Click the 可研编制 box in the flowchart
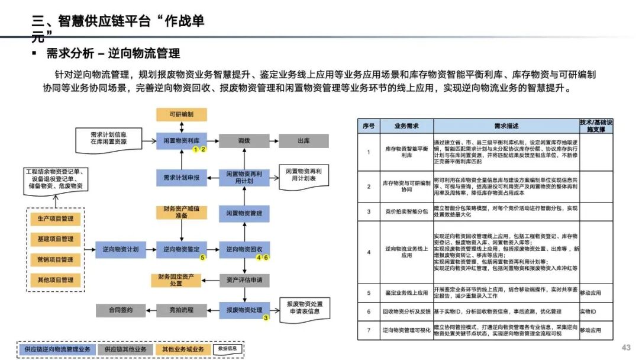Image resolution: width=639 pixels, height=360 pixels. [181, 114]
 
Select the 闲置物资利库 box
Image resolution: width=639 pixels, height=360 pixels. [181, 142]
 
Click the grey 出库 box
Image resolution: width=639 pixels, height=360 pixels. [304, 142]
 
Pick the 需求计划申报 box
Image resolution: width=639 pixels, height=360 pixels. [181, 177]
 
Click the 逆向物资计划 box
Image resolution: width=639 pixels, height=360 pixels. [120, 249]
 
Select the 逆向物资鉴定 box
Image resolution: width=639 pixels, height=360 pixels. [181, 249]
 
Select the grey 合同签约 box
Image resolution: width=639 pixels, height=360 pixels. [120, 310]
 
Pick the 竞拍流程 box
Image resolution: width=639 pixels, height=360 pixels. [181, 310]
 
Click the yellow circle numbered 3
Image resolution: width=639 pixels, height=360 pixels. [266, 318]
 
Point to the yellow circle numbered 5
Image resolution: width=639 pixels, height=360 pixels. [202, 258]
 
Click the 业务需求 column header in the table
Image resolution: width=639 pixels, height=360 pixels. [406, 126]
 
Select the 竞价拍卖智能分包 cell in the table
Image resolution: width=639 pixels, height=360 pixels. [406, 211]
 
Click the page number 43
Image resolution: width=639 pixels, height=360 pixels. [626, 347]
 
